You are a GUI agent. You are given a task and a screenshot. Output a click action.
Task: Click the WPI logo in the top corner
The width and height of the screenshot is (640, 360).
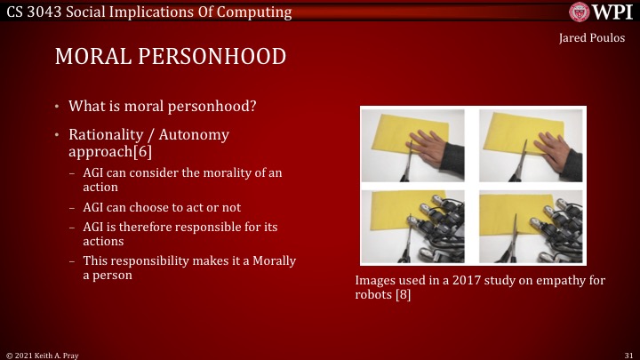(601, 12)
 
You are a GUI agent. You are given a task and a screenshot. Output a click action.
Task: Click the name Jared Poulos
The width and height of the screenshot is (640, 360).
(592, 38)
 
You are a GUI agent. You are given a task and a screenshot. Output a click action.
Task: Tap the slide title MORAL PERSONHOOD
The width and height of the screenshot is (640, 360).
(171, 57)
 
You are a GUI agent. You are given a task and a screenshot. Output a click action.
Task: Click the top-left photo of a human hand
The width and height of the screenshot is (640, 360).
(414, 147)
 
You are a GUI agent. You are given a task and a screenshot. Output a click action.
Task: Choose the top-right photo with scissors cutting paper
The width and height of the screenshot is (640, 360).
(530, 147)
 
